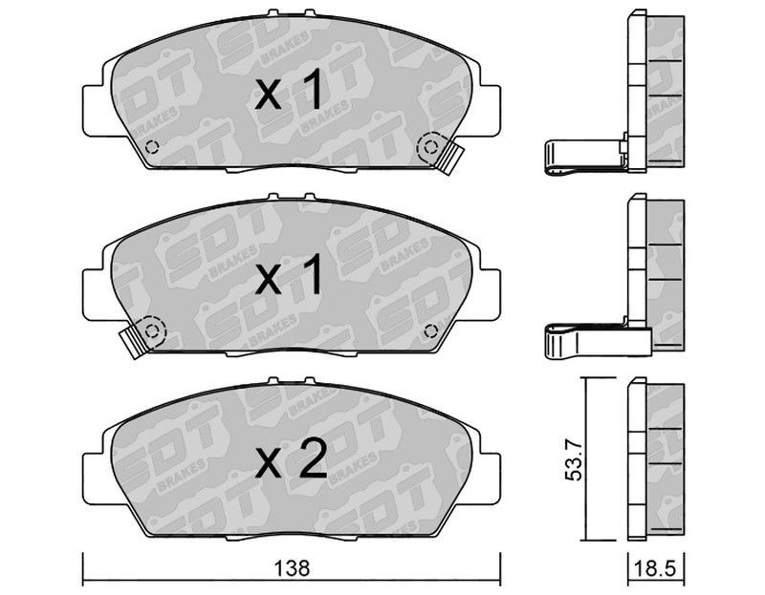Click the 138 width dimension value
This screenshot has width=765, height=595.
(x=292, y=568)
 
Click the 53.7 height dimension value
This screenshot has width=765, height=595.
(x=574, y=459)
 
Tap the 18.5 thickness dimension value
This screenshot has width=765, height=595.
(x=656, y=569)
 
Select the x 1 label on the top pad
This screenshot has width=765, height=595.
(x=289, y=90)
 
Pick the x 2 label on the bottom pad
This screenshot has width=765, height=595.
(x=291, y=458)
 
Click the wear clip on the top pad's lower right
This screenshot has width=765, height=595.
(x=449, y=159)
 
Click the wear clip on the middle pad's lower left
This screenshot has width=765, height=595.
(x=133, y=342)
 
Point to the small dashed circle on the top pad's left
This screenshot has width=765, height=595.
(x=152, y=146)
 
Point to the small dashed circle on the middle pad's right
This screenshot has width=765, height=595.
(x=430, y=330)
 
